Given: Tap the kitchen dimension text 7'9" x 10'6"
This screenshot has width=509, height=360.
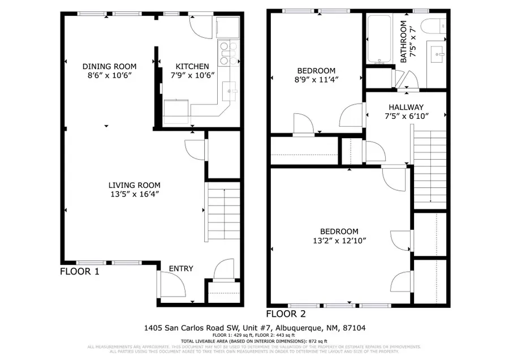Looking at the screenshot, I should tap(193, 75).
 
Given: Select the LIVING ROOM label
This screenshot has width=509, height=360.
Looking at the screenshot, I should tap(135, 185).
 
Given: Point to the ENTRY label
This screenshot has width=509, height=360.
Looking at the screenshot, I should tap(181, 268).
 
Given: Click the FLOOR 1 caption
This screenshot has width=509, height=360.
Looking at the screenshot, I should tap(80, 272).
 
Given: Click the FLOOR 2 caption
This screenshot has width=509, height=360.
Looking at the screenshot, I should tap(286, 314).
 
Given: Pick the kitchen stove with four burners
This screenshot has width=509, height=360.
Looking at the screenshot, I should tap(226, 52).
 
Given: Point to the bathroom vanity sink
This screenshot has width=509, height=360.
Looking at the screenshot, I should tap(438, 56).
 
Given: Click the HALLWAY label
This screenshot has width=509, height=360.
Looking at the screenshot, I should tap(406, 107).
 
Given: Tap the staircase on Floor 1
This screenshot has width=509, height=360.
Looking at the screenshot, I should tap(223, 209).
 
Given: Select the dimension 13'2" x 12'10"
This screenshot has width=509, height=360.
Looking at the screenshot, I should tap(339, 241).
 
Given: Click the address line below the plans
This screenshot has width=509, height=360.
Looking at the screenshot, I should tap(255, 328).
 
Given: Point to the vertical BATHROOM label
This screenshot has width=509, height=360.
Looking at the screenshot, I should tap(404, 42).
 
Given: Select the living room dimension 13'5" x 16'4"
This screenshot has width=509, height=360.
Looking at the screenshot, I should tap(135, 194).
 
